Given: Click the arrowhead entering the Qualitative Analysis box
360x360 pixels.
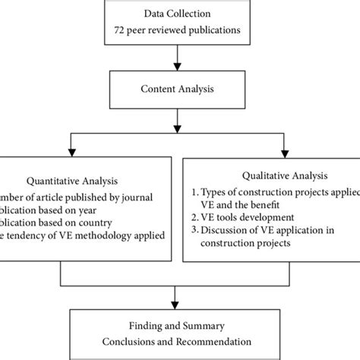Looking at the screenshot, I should (283, 150).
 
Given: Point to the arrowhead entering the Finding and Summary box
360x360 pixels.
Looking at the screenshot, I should (176, 305).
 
